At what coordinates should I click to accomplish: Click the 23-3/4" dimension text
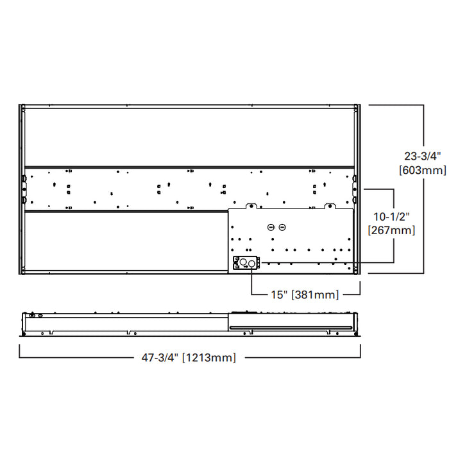point(421,156)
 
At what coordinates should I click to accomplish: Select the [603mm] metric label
point(421,170)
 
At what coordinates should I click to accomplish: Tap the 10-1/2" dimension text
point(391,216)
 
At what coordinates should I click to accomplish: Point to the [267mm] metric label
point(391,230)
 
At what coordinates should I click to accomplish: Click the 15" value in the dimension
point(280,294)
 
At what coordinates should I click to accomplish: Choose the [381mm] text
point(316,294)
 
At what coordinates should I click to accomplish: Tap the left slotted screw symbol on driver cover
point(271,228)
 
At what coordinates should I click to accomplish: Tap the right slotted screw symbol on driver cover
point(282,228)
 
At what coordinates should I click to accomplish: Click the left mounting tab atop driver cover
point(251,206)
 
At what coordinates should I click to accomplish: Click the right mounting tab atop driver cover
point(330,206)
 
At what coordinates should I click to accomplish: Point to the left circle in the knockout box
point(241,262)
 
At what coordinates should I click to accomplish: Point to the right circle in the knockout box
point(249,262)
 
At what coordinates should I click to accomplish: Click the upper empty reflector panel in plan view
point(189,138)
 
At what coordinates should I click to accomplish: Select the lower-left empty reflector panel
point(126,241)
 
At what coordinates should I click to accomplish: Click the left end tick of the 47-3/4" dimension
point(20,351)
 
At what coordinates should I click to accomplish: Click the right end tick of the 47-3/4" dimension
point(360,351)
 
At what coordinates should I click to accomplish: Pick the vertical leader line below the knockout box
point(251,282)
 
